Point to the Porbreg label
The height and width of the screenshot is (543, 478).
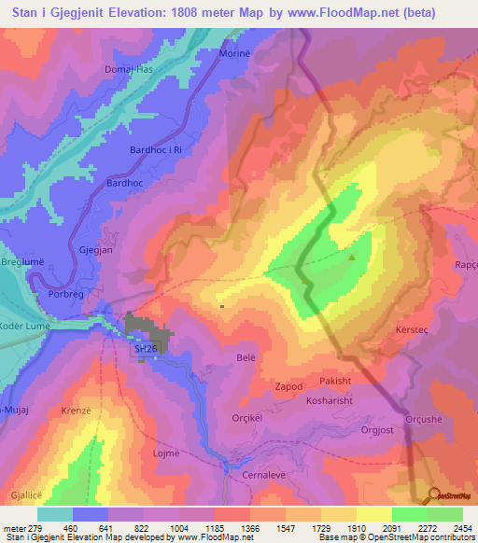coord(64,292)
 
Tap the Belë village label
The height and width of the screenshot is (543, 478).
coord(246,357)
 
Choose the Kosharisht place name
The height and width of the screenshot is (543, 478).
coord(330,400)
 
